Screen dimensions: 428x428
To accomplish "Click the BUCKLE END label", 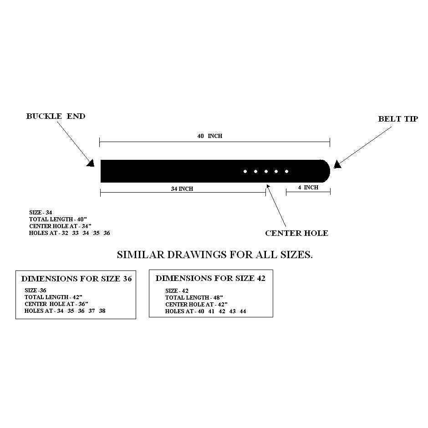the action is [56, 116].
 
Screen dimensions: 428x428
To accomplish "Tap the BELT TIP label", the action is [398, 119].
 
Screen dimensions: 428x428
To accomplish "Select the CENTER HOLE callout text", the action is [297, 233].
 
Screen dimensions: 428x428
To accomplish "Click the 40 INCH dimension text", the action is [210, 136].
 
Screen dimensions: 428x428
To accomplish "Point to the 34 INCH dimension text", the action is [182, 189].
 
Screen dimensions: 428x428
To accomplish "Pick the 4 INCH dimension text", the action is [308, 188].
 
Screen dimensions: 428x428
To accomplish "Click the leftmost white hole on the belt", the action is [245, 171].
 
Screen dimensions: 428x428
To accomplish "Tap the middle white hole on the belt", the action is [266, 171].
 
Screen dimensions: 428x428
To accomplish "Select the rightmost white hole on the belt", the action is [286, 171].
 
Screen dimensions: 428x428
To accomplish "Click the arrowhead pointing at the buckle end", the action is [91, 163].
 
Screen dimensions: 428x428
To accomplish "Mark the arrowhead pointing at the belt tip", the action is [337, 164].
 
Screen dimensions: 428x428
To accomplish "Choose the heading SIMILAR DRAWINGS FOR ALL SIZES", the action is [215, 255].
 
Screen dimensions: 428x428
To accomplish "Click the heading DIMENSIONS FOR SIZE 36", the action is [76, 279].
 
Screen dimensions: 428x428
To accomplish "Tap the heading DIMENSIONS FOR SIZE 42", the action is [210, 278].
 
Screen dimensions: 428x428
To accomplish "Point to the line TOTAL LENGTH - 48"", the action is [194, 297].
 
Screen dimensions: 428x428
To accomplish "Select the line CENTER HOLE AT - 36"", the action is [56, 304].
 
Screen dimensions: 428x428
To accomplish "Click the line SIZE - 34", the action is [41, 212].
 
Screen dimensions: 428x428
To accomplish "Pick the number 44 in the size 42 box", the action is [243, 311].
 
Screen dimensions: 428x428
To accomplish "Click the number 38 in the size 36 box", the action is [102, 311].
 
